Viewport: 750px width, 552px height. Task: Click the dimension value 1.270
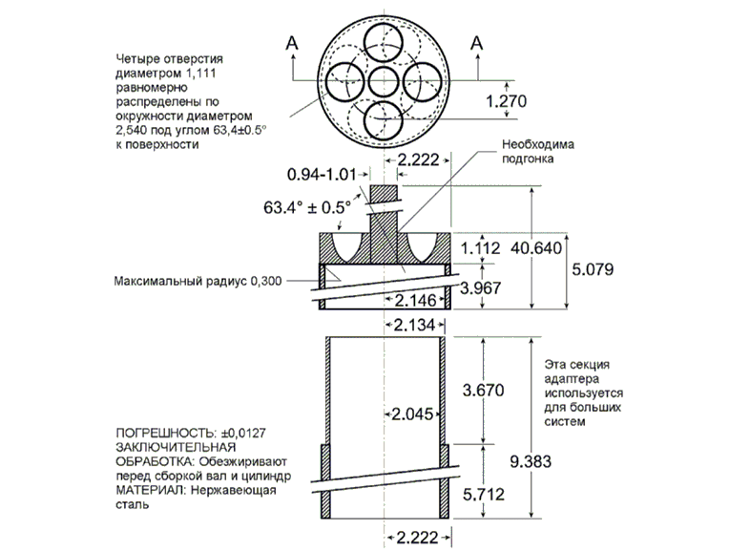[508, 101]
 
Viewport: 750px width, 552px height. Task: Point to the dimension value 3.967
[480, 287]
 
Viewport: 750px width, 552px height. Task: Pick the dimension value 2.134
[416, 328]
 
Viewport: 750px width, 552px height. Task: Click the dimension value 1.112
[480, 248]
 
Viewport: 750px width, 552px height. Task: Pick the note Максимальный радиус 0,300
[196, 283]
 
